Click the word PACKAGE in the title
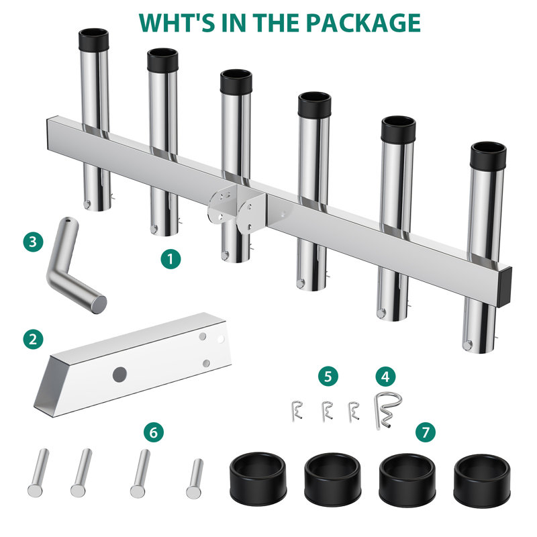coord(363,23)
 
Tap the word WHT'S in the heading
coord(177,23)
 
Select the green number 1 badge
coord(171,259)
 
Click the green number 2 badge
coord(33,340)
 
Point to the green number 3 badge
coord(33,242)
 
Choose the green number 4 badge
coord(385,377)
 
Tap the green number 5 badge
coord(328,376)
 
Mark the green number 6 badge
coord(154,432)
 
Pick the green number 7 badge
coord(426,432)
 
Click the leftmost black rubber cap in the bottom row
coord(258,479)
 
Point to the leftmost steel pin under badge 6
coord(38,473)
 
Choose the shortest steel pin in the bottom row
coord(195,479)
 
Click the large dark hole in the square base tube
coord(120,375)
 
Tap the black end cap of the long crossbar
coord(504,287)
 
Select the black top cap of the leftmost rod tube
coord(93,40)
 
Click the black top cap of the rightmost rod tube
coord(488,156)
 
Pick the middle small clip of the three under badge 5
coord(328,411)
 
